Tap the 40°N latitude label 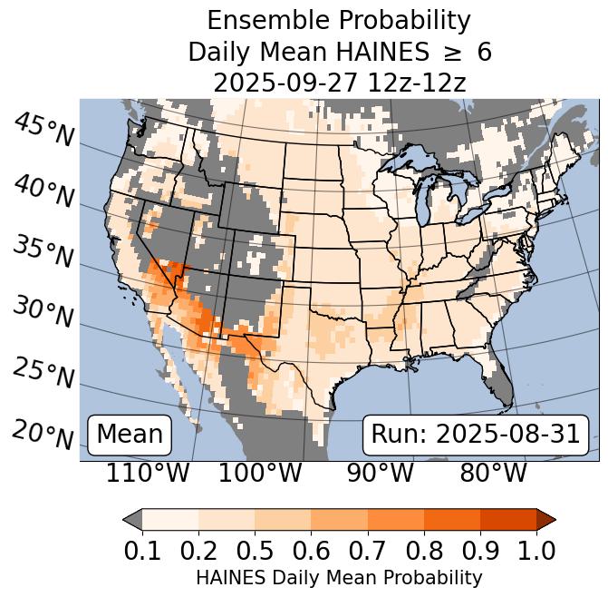[43, 191]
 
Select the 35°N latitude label [43, 252]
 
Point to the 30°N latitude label [43, 313]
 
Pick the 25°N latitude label [43, 374]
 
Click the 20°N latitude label [43, 435]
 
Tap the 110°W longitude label [149, 474]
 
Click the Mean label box [130, 435]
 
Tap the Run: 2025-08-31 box [476, 435]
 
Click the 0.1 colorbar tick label [142, 551]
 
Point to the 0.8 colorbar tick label [423, 551]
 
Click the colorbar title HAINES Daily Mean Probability [339, 578]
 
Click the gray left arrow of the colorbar [132, 519]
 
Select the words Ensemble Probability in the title [339, 21]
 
